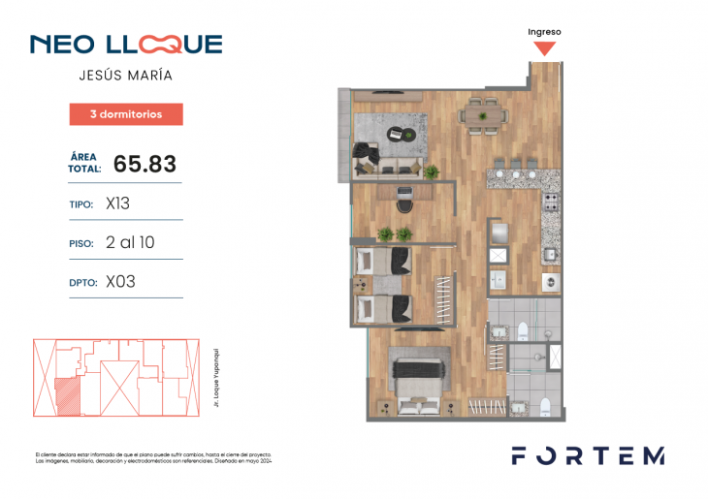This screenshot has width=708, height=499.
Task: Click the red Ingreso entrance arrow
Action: [545, 47]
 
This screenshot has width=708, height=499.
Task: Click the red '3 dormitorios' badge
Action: [126, 114]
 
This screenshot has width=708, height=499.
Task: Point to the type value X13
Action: [118, 204]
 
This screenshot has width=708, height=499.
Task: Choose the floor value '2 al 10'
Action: [130, 242]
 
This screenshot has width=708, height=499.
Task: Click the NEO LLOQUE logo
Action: [126, 45]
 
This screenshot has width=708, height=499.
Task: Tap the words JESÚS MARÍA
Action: [126, 75]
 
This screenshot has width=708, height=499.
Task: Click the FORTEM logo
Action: [588, 455]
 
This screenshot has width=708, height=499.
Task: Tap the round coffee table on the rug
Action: [407, 134]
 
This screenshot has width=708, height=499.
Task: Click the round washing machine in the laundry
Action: [549, 284]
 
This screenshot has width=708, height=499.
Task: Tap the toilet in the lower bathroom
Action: [546, 405]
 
